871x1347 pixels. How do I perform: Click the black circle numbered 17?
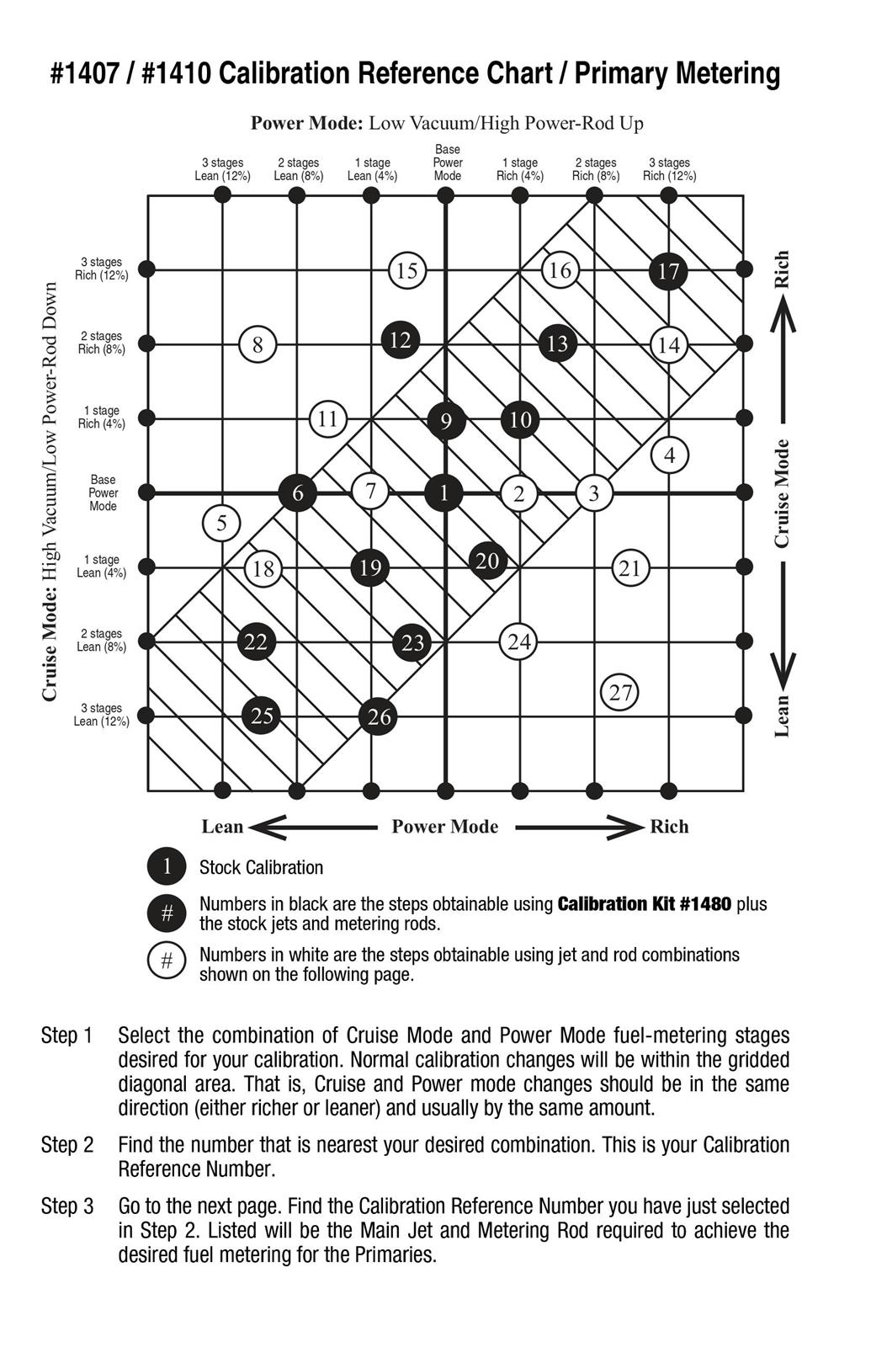(669, 271)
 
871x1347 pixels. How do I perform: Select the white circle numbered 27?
(620, 693)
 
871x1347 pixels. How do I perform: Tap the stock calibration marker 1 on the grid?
(443, 493)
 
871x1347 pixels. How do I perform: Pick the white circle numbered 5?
(221, 524)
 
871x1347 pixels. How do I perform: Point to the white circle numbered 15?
(407, 271)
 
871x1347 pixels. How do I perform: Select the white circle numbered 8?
(258, 344)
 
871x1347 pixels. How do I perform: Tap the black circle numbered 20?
(487, 561)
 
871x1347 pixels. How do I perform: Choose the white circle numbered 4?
(670, 455)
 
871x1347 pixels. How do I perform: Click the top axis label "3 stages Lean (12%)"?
(222, 169)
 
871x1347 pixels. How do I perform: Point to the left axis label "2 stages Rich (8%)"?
(101, 343)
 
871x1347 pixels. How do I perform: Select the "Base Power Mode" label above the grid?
(447, 162)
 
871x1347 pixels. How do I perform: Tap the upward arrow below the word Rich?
(783, 316)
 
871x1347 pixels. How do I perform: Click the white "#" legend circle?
(167, 961)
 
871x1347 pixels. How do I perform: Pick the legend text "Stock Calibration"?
(261, 868)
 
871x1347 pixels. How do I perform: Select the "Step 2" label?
(66, 1146)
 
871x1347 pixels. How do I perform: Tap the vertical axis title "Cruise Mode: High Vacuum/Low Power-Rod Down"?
(50, 492)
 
